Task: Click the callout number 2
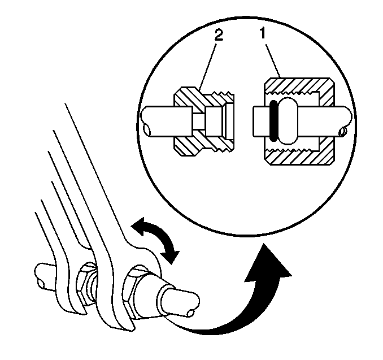(x=219, y=35)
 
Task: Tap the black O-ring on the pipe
(x=274, y=121)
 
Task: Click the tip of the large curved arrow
(x=264, y=244)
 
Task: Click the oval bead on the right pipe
(x=288, y=121)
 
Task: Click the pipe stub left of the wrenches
(x=44, y=276)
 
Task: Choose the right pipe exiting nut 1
(x=325, y=121)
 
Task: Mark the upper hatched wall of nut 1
(x=299, y=85)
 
